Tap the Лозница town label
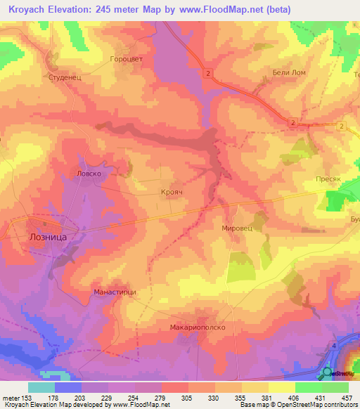pyautogui.click(x=47, y=238)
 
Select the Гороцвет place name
pyautogui.click(x=127, y=60)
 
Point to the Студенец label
pyautogui.click(x=65, y=78)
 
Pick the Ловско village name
pyautogui.click(x=89, y=172)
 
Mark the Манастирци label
pyautogui.click(x=114, y=291)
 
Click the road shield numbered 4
pyautogui.click(x=334, y=347)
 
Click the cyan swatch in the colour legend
pyautogui.click(x=41, y=387)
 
